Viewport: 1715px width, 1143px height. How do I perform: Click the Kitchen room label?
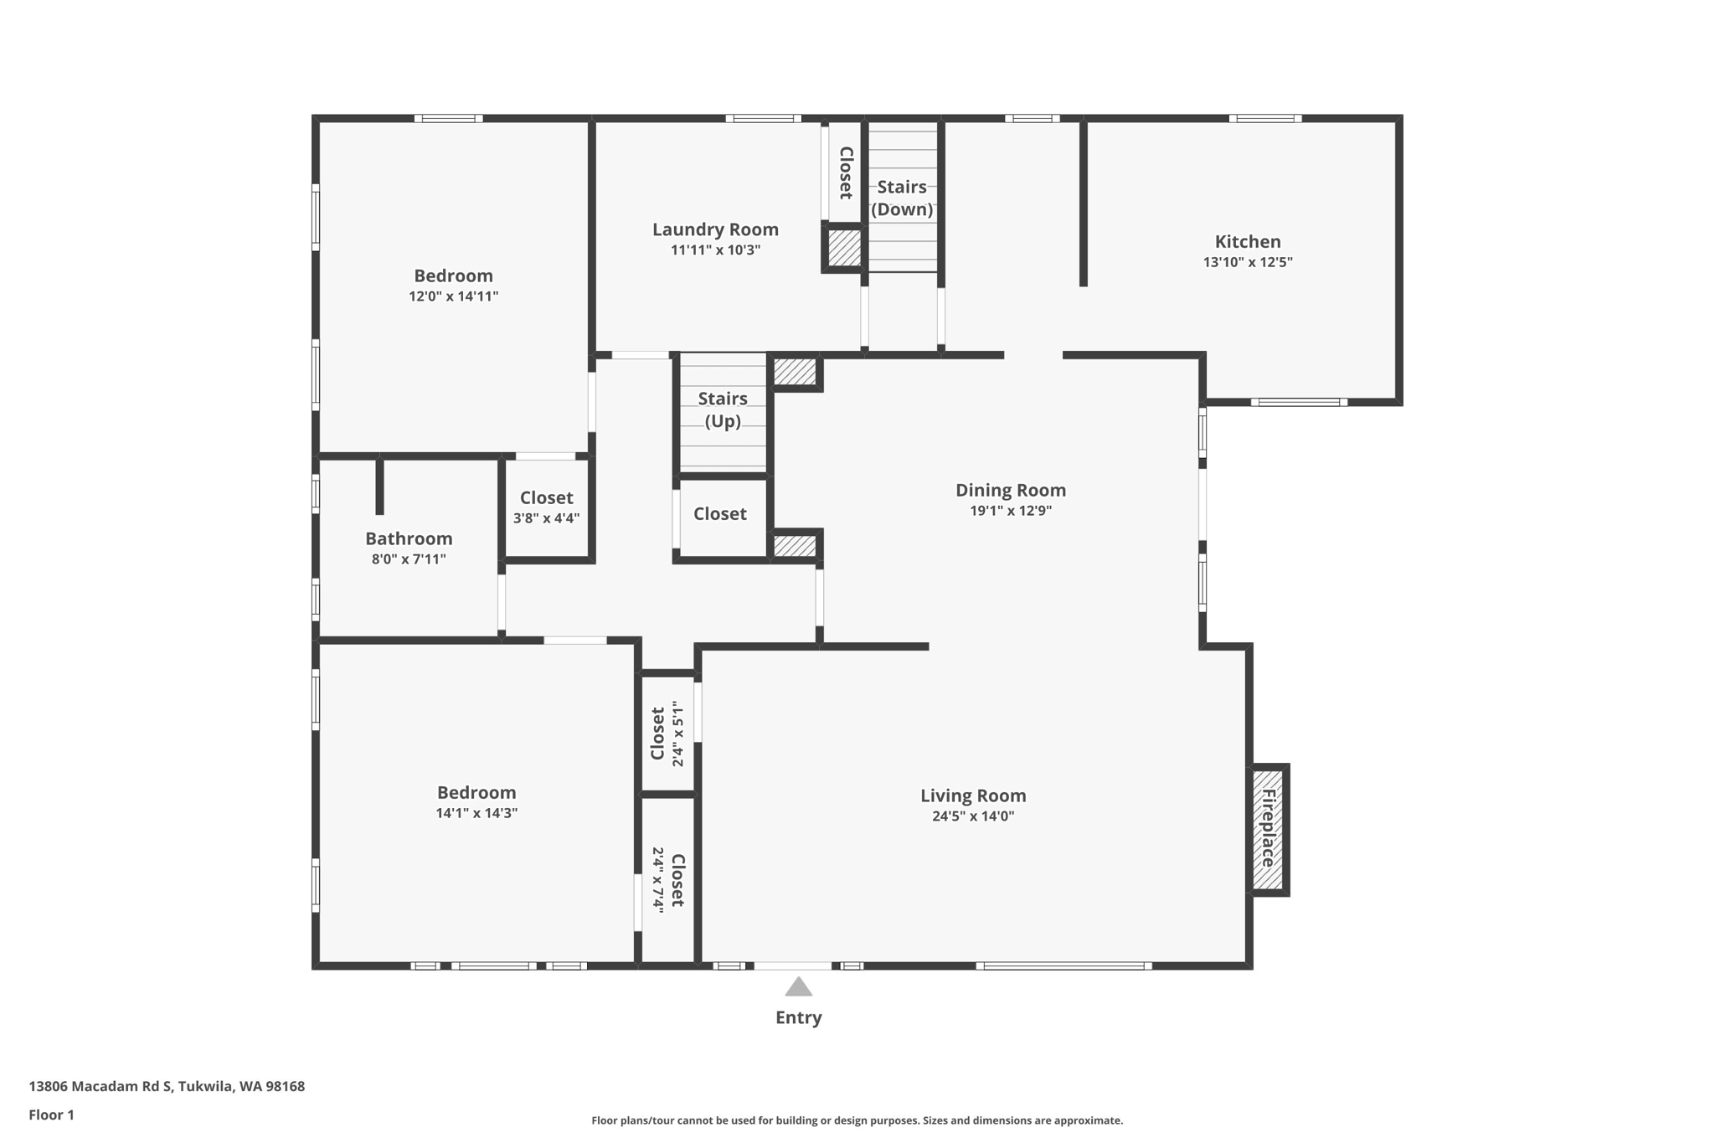tap(1248, 242)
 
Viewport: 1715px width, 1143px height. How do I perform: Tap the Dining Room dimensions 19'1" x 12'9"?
tap(1011, 511)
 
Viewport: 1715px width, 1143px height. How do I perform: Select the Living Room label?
tap(973, 795)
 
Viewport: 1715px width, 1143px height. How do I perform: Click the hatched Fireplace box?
tap(1268, 829)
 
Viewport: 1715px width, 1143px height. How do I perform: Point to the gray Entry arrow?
tap(798, 986)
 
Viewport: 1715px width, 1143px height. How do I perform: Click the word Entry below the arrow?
tap(799, 1017)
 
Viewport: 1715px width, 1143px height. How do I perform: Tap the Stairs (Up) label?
tap(723, 409)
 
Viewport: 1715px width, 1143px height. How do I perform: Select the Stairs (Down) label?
tap(902, 198)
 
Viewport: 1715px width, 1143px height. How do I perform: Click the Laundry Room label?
tap(715, 229)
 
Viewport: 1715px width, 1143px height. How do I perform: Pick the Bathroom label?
tap(409, 538)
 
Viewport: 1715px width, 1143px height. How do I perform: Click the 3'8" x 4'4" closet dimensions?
tap(546, 518)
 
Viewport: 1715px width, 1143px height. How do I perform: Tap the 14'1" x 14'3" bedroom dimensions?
tap(476, 813)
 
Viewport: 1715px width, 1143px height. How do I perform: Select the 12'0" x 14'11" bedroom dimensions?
tap(454, 296)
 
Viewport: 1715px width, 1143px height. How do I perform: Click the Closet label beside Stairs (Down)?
tap(846, 172)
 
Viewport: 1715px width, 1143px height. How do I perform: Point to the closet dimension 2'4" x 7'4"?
tap(659, 880)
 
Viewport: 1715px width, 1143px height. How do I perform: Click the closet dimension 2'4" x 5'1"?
tap(678, 734)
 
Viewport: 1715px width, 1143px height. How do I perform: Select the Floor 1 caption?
tap(52, 1115)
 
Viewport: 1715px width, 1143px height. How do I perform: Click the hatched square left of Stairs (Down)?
tap(844, 248)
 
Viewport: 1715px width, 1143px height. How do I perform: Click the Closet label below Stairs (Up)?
tap(720, 513)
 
